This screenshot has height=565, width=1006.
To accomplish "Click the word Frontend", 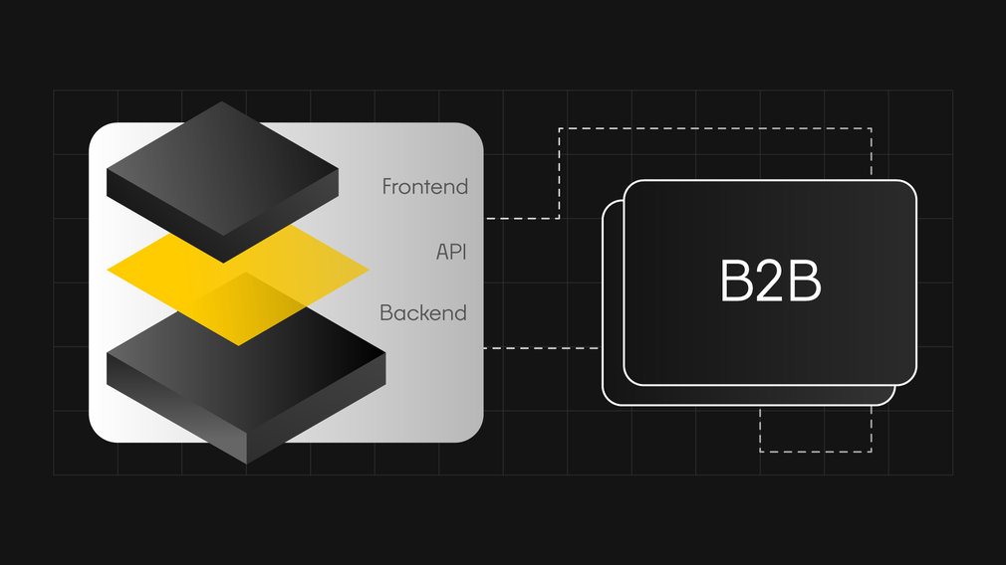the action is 424,186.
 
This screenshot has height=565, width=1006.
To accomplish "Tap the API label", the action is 451,252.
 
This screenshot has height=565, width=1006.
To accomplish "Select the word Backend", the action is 422,312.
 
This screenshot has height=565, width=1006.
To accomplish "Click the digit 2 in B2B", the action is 770,281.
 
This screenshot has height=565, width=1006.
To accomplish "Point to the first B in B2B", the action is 736,281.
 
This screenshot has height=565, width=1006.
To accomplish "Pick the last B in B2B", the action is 805,281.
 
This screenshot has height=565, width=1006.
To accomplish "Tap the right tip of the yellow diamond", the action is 369,271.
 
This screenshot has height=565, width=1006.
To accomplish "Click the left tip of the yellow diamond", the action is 108,270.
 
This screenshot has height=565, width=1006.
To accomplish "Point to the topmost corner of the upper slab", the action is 221,101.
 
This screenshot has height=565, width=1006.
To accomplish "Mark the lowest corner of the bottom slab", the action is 247,464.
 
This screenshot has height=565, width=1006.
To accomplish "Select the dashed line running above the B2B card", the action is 715,128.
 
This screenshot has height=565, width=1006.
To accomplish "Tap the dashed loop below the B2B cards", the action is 816,452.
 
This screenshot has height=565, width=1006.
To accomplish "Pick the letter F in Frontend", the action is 387,186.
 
